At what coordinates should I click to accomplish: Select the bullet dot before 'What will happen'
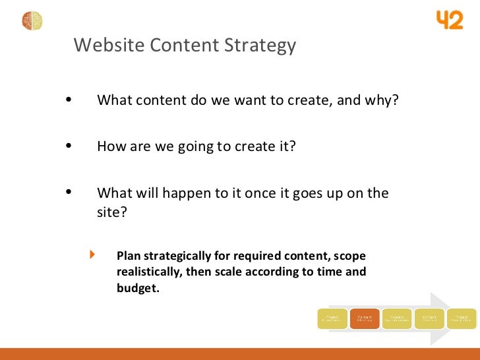tap(70, 193)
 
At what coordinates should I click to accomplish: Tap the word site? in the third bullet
tap(111, 213)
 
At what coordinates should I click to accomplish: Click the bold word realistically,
tap(151, 272)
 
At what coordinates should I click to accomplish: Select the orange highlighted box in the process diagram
tap(364, 319)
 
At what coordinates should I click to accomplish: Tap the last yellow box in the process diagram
tap(461, 319)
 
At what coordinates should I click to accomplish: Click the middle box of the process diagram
tap(396, 319)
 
